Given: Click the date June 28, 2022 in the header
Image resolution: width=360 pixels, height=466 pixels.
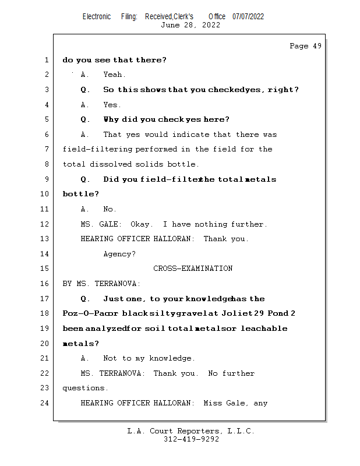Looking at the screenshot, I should click(x=190, y=25).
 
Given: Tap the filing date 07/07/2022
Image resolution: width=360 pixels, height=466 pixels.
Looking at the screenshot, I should click(x=248, y=16).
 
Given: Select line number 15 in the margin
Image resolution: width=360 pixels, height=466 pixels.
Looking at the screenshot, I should click(x=46, y=269).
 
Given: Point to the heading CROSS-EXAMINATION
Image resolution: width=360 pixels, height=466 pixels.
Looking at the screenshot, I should click(x=193, y=269).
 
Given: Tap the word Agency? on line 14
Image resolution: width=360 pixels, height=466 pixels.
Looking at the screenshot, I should click(x=119, y=254).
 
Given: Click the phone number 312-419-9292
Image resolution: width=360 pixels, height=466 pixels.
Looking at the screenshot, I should click(x=191, y=439).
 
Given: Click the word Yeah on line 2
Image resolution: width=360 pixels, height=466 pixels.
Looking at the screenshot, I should click(x=114, y=75).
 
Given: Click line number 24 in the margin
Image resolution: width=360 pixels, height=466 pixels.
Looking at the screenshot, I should click(x=46, y=403).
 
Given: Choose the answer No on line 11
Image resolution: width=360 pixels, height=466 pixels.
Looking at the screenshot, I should click(x=109, y=209).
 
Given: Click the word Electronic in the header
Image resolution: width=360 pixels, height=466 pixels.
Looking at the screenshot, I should click(x=97, y=16).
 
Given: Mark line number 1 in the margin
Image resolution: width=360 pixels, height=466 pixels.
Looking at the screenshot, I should click(x=46, y=60).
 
